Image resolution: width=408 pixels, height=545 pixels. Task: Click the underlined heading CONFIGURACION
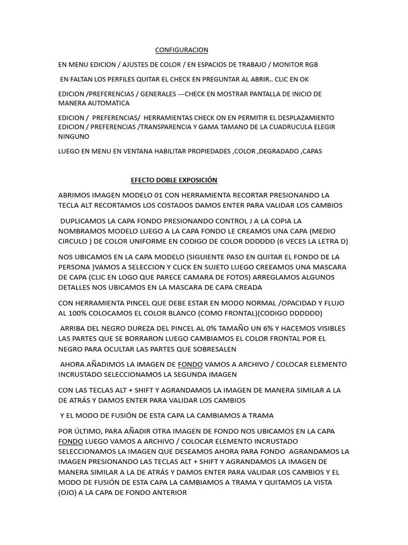point(182,50)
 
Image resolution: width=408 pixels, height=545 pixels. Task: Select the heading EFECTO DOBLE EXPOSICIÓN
point(174,180)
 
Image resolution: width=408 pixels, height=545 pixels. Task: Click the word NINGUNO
point(75,136)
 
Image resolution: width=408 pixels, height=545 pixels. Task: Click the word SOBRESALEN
point(210,349)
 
